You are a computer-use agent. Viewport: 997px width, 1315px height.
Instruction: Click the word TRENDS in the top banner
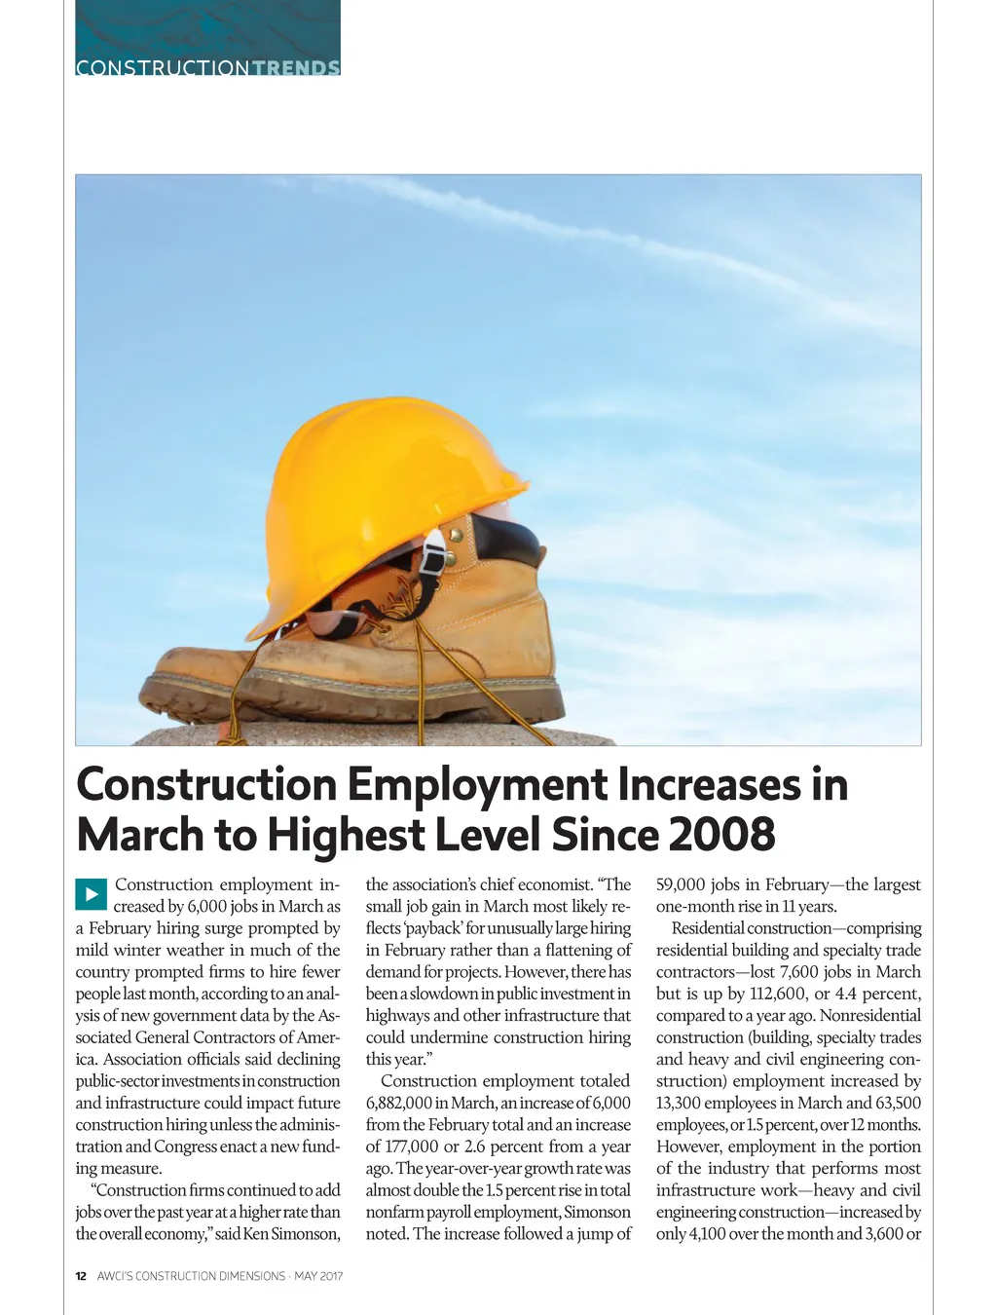click(296, 68)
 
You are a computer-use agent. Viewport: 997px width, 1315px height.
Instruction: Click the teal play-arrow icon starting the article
click(91, 894)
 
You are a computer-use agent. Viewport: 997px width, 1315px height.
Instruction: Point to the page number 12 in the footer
click(81, 1276)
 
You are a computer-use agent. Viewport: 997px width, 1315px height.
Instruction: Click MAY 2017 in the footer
click(318, 1276)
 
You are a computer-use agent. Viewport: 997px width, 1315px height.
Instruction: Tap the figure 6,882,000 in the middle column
click(398, 1103)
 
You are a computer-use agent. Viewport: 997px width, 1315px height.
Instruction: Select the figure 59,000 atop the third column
click(683, 884)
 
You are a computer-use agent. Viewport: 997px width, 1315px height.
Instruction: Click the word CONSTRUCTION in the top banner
click(163, 68)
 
